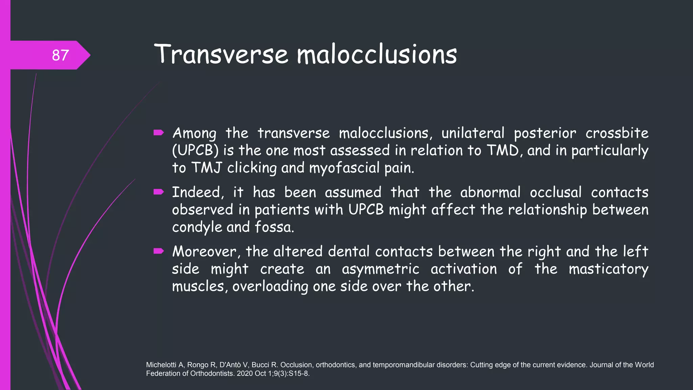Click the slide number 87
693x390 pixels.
coord(60,55)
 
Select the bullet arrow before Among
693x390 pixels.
coord(158,133)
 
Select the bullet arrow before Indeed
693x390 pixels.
coord(158,192)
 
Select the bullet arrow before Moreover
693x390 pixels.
coord(158,251)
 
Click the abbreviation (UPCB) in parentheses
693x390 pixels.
coord(195,151)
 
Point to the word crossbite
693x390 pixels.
coord(617,133)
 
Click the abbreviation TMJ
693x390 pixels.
coord(206,168)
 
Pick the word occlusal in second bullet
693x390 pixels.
coord(555,193)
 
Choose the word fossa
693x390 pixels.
coord(274,227)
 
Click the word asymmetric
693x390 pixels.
coord(380,269)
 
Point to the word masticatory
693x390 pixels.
coord(608,269)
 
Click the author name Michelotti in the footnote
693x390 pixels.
coord(161,365)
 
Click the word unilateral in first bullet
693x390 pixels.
coord(473,133)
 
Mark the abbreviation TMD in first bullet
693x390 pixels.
coord(502,151)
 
